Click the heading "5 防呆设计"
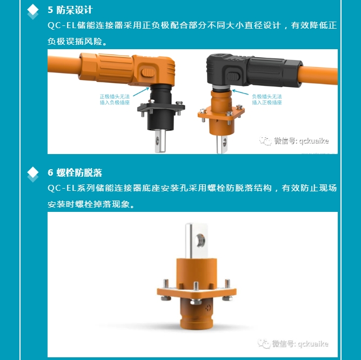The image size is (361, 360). [70, 10]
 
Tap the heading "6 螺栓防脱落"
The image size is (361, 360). [75, 172]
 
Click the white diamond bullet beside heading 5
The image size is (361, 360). [32, 9]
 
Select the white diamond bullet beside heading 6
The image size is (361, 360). [32, 172]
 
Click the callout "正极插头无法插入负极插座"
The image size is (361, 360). [115, 99]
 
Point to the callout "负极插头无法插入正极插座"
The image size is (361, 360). [267, 99]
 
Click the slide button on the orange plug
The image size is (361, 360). [148, 73]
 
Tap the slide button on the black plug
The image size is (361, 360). [233, 76]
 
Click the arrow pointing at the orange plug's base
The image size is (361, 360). [141, 92]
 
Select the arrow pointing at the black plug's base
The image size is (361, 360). [240, 92]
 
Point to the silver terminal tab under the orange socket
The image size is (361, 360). [222, 144]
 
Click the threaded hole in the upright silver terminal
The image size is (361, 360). [200, 241]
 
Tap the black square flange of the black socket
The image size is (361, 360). [161, 108]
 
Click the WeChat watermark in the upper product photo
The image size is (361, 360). [294, 141]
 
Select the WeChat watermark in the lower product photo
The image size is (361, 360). [293, 344]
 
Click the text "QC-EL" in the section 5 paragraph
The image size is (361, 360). [62, 25]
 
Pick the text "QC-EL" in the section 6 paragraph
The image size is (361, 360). [62, 188]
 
